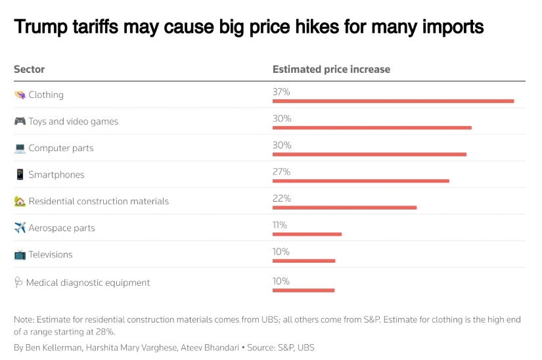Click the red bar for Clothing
click(x=393, y=101)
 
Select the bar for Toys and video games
click(x=372, y=127)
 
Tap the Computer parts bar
click(x=369, y=154)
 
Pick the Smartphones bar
click(x=361, y=181)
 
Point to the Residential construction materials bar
click(x=344, y=208)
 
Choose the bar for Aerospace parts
click(x=307, y=234)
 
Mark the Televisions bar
click(x=304, y=261)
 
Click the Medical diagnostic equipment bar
click(x=304, y=290)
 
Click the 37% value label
click(x=281, y=92)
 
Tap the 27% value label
click(x=281, y=171)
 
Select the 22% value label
click(x=281, y=198)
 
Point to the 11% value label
click(x=280, y=225)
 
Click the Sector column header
click(x=29, y=69)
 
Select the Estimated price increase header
click(x=331, y=69)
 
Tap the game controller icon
click(x=20, y=122)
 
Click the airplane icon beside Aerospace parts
click(x=20, y=228)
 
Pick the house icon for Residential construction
click(x=20, y=201)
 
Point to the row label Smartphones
click(x=56, y=175)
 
